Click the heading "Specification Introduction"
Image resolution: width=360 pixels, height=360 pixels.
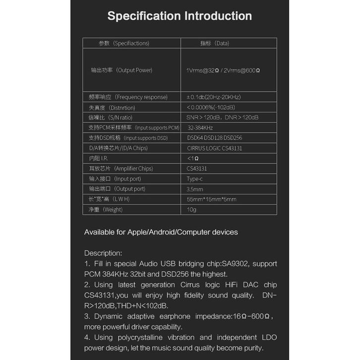pyautogui.click(x=180, y=16)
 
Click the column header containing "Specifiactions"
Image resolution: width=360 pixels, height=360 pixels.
pyautogui.click(x=124, y=44)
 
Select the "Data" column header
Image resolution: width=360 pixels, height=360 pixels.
pyautogui.click(x=214, y=44)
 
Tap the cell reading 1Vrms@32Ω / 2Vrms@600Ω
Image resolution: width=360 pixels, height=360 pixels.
pyautogui.click(x=223, y=70)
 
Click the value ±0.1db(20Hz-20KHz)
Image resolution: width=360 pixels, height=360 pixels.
pyautogui.click(x=214, y=97)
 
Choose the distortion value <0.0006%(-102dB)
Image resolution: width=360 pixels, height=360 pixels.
pyautogui.click(x=211, y=108)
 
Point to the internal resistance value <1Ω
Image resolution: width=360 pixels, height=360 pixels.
pyautogui.click(x=193, y=158)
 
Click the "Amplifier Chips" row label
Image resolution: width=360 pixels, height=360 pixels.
pyautogui.click(x=121, y=169)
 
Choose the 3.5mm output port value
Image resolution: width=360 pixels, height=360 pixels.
pyautogui.click(x=195, y=189)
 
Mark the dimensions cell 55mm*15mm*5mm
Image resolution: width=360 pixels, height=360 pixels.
pyautogui.click(x=211, y=199)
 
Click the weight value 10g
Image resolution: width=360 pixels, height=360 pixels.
pyautogui.click(x=191, y=210)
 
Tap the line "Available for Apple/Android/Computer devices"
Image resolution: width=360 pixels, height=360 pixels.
pyautogui.click(x=161, y=232)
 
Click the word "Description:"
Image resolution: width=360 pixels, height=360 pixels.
pyautogui.click(x=103, y=253)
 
